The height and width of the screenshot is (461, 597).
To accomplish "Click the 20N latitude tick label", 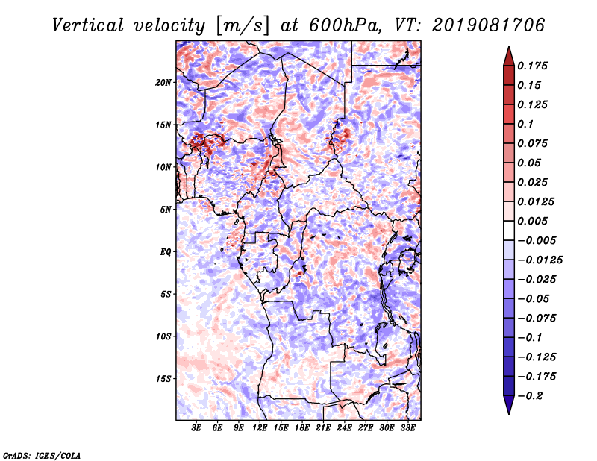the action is click(x=163, y=82).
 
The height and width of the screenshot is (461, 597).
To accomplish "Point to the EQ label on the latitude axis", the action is click(x=165, y=251).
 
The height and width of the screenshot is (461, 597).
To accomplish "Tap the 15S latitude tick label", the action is click(x=163, y=379).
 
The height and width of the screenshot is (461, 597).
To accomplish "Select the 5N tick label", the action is click(x=166, y=210).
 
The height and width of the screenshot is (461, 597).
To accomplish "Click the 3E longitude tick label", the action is click(x=196, y=427).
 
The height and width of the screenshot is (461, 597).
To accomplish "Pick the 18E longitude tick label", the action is click(x=302, y=427).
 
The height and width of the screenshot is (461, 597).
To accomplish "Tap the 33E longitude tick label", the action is click(x=407, y=427).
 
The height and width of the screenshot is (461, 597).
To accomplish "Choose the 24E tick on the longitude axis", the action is click(x=344, y=427).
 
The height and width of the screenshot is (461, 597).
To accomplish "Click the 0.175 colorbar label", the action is click(x=532, y=66).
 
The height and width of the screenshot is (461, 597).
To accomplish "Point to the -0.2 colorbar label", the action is click(x=530, y=396).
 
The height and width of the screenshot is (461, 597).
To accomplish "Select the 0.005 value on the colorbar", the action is click(x=532, y=221).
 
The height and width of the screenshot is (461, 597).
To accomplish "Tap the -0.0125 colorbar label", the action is click(x=540, y=260).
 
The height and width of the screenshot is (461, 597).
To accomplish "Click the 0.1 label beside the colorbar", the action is click(x=525, y=124).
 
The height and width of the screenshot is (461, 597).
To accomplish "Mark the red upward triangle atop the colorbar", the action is click(x=509, y=57).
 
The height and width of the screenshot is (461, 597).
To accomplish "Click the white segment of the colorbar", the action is click(x=509, y=230).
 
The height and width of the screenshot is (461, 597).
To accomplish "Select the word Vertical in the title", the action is click(x=88, y=25).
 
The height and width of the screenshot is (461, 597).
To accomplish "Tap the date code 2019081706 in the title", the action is click(x=489, y=25).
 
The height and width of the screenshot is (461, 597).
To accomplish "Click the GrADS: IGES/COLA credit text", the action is click(x=42, y=455).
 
